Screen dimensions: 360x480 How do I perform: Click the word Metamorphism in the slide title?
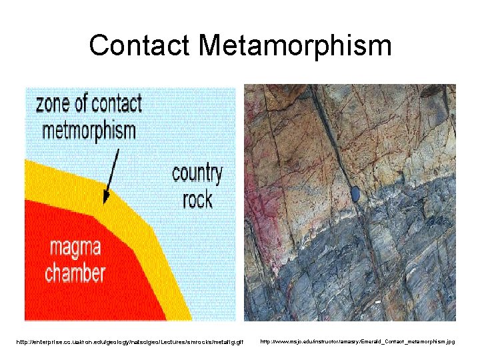[295, 46]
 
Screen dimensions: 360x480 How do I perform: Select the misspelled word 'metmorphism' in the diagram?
[89, 129]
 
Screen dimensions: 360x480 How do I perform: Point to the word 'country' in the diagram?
[197, 174]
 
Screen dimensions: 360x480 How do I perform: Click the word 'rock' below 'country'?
[197, 198]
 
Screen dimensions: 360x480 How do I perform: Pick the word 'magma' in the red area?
[75, 250]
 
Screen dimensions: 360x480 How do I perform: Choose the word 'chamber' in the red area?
[75, 273]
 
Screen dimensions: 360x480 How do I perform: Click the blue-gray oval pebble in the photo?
[355, 194]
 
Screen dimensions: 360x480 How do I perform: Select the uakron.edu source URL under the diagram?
[130, 342]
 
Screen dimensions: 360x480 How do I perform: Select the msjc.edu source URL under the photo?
[357, 341]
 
